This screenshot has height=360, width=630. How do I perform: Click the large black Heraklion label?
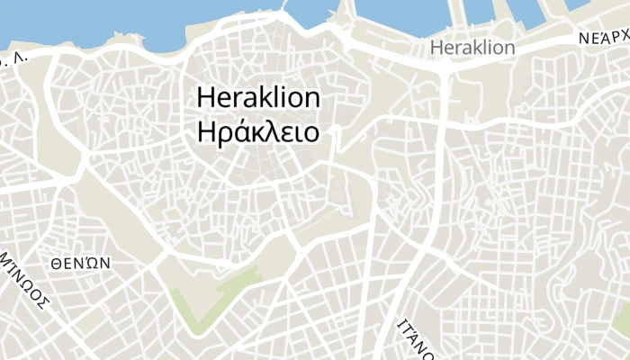tap(257, 97)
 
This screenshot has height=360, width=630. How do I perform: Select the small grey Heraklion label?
tap(472, 47)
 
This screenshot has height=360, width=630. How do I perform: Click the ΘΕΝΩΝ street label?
tap(80, 263)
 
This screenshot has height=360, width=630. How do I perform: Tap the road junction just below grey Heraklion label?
tap(445, 67)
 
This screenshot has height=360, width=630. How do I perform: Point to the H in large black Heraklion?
tap(204, 97)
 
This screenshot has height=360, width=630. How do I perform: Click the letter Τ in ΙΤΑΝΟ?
tap(407, 328)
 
